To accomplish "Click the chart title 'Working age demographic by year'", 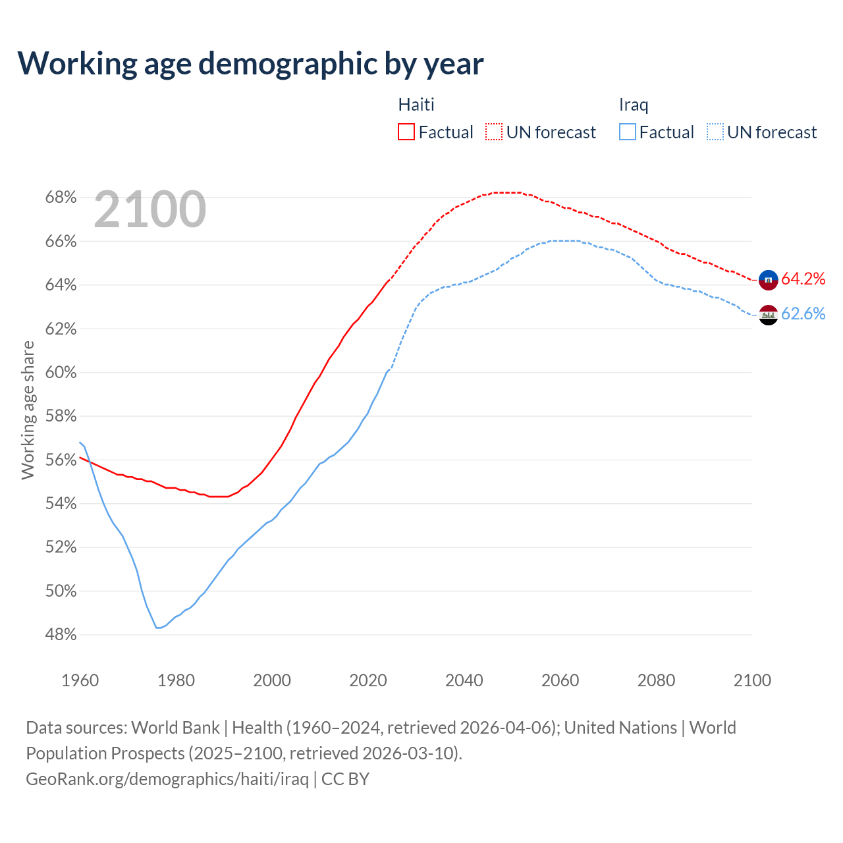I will pos(250,63).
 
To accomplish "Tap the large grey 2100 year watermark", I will pos(150,209).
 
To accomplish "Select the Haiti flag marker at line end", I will pos(768,280).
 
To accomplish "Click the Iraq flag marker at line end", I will pos(768,315).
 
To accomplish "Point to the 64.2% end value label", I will pos(803,279).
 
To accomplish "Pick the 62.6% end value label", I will pos(803,314).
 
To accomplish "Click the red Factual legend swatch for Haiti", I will pos(406,132).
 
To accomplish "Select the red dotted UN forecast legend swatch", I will pos(494,132).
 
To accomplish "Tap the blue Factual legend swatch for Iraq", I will pos(628,132).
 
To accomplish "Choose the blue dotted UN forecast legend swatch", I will pos(715,132).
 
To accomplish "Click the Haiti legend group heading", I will pos(416,105).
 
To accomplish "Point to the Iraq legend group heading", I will pos(634,105).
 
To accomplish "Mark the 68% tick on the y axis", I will pos(61,198).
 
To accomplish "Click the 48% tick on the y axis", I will pos(61,635).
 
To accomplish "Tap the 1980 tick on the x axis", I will pos(176,680).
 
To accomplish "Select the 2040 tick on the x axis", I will pos(464,680).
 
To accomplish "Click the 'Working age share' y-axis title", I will pos(28,410).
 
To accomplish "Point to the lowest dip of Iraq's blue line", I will pos(158,628).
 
